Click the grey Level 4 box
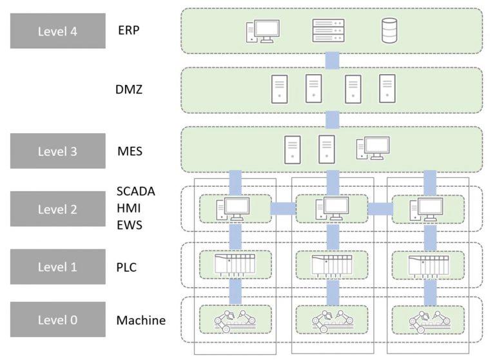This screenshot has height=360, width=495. point(57,31)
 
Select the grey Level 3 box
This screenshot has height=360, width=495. point(57,151)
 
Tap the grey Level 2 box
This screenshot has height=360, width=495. point(57,209)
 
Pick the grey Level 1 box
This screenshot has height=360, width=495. point(57,266)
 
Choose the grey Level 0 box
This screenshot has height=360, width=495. point(57,319)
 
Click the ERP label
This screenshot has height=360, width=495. point(129,30)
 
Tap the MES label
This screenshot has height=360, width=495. point(130,151)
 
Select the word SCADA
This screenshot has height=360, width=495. point(136,191)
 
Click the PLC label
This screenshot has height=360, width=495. point(128,266)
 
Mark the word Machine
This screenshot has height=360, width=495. point(141,320)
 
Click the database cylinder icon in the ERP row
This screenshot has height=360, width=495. point(389,30)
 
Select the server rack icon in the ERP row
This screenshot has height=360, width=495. point(328,30)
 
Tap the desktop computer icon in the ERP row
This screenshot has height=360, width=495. point(262,31)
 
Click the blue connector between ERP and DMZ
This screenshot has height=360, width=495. point(332,61)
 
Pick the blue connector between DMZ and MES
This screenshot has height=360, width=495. point(332,119)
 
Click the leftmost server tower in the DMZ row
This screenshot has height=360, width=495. point(280,89)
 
